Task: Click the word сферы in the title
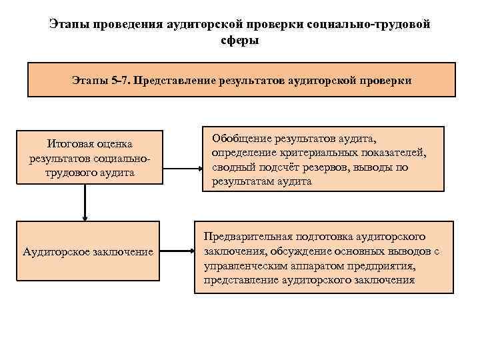tap(239, 40)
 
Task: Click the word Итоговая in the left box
tap(67, 143)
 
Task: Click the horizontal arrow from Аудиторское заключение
tap(177, 251)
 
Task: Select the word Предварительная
tap(249, 237)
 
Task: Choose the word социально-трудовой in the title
tap(369, 24)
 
